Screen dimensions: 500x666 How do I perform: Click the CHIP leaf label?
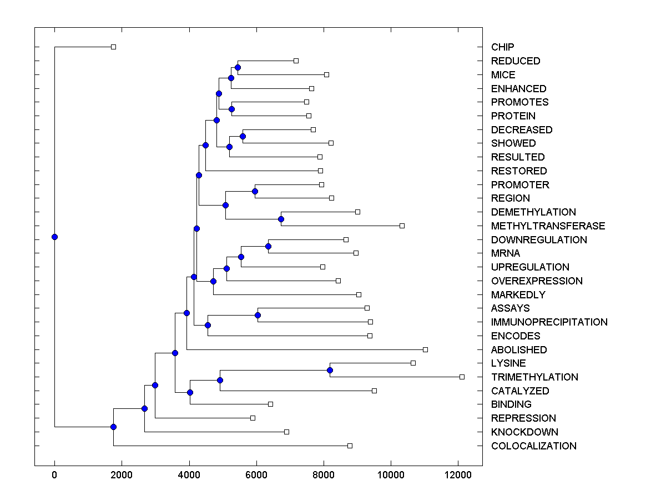click(502, 47)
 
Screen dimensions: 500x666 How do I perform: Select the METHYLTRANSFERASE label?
click(548, 226)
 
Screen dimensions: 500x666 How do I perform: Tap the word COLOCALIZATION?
click(533, 446)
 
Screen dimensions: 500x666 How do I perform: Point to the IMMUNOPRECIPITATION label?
click(549, 322)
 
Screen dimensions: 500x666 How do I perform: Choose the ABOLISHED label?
click(519, 350)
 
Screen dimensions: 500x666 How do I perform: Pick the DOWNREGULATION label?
click(539, 240)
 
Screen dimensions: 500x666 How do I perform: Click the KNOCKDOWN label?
click(524, 432)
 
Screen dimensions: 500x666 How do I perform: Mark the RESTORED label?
click(519, 171)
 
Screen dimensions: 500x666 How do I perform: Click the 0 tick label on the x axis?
click(54, 475)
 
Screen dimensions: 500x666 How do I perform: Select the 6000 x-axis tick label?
click(256, 475)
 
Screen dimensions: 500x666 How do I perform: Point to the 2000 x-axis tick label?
click(122, 475)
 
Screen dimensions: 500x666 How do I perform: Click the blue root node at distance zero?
click(54, 237)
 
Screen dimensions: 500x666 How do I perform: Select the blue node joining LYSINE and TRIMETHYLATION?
click(330, 370)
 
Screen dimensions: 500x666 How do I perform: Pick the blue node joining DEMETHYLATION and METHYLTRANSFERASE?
click(281, 219)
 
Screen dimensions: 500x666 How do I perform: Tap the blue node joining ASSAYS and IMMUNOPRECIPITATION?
click(258, 316)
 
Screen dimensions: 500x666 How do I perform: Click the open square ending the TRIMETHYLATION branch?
click(462, 377)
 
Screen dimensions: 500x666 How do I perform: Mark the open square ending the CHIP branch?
click(113, 47)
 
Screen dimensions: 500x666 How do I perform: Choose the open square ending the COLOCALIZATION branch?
click(350, 446)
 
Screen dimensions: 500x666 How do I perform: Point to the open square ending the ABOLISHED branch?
click(425, 349)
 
